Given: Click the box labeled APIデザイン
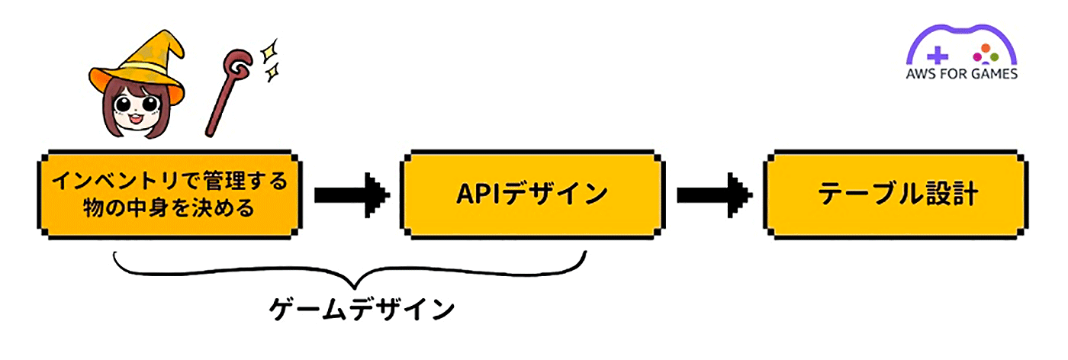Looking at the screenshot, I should tap(531, 194).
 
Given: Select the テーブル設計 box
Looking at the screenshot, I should tap(896, 194).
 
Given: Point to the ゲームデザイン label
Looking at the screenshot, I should tap(362, 310).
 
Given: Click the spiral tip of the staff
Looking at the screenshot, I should tap(240, 66).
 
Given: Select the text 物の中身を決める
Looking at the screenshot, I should tap(167, 207).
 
